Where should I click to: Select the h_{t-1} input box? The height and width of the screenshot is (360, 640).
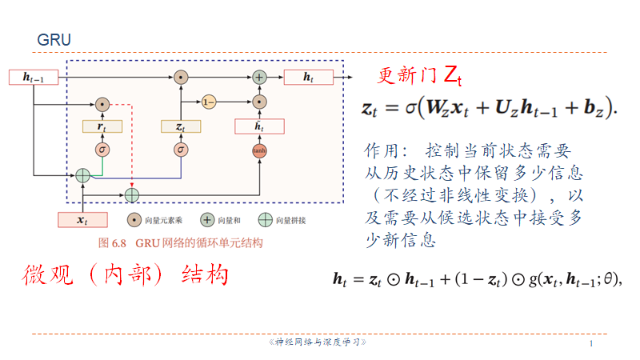coord(33,78)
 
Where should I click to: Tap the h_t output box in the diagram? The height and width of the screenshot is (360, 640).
coord(307,77)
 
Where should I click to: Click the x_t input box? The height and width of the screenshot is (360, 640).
coord(82,219)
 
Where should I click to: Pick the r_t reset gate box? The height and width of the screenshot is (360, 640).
coord(102,126)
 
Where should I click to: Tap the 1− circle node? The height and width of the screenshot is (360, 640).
coord(209,102)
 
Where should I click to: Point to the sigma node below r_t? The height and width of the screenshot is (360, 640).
coord(102,150)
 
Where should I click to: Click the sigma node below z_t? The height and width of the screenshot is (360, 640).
coord(181,150)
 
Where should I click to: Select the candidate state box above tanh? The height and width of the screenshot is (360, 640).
coord(258,126)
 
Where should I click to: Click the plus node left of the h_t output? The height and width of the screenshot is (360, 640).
coord(259,78)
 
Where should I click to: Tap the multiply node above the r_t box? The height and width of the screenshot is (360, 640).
coord(102,104)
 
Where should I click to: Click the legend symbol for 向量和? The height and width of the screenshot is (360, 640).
coord(206,219)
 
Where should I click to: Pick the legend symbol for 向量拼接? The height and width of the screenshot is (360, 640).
coord(265,219)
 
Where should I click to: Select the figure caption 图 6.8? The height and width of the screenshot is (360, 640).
coord(180,242)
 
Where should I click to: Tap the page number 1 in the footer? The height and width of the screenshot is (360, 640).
coord(591,343)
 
